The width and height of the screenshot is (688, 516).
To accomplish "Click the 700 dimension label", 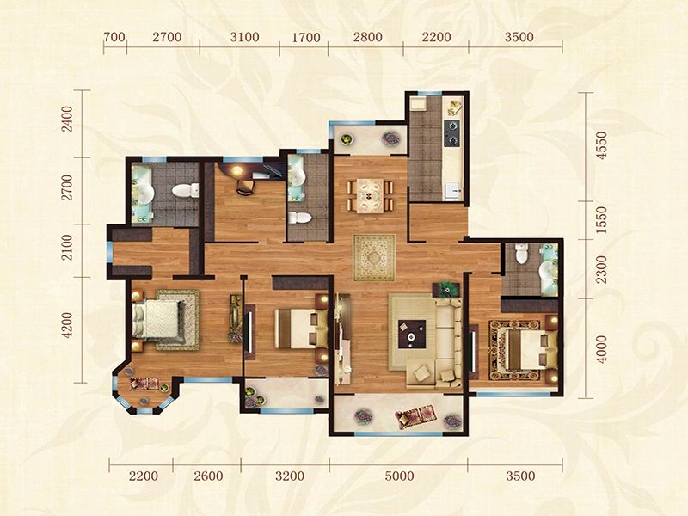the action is point(115,37).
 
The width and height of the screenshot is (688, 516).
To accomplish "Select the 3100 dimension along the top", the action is point(244,37).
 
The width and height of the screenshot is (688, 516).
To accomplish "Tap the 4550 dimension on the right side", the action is point(602,145).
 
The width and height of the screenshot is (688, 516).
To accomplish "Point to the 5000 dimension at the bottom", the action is point(399,476).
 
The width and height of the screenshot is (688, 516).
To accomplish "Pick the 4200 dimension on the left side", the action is point(67,325).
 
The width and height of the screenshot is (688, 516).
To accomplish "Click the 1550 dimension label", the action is point(602,220).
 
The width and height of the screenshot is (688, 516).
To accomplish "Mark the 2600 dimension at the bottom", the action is point(208,476).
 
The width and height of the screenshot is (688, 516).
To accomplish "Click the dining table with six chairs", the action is point(371,195).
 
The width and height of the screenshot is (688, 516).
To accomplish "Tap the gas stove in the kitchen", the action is point(452,133).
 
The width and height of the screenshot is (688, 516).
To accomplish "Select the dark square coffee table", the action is point(412,335).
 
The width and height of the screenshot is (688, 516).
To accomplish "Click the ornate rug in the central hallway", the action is point(374,257).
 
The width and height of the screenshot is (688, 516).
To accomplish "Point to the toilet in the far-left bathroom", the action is point(185,190).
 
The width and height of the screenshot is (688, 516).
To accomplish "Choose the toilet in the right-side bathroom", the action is point(521,254).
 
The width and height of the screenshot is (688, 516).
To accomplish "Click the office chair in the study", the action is point(245,187).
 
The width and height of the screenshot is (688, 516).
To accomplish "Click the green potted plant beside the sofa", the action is point(447,289).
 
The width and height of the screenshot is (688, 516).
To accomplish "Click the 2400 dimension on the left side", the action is point(67,120).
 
